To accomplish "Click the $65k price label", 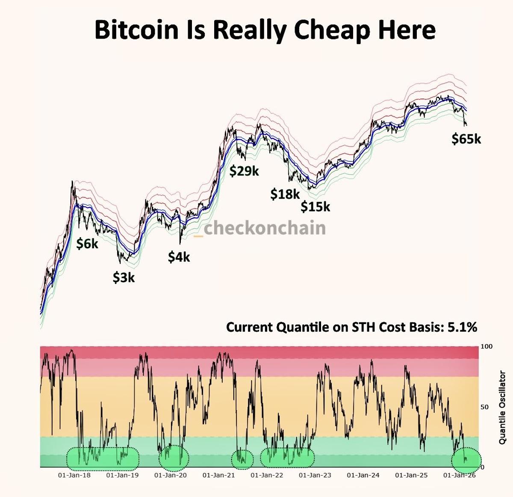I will click(466, 139).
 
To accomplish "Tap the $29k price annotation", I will click(244, 171).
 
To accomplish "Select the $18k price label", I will click(285, 194).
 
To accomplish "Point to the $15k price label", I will click(315, 207).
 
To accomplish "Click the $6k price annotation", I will click(87, 244).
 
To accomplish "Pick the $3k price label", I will click(124, 277).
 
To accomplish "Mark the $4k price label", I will click(179, 257).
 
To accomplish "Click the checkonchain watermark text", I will click(264, 228).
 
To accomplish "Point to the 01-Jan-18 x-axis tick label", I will click(74, 475).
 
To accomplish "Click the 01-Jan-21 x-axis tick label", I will click(218, 475).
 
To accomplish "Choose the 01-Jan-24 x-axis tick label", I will click(363, 475).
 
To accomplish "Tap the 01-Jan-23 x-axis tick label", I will click(315, 475).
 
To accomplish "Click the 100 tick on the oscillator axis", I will click(486, 346).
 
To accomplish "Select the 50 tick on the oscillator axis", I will click(485, 407).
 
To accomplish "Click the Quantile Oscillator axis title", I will click(503, 407).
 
